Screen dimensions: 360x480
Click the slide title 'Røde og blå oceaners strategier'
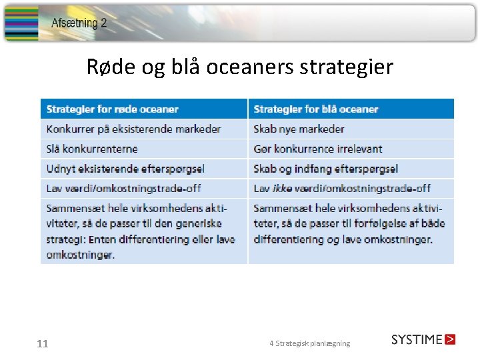(240, 67)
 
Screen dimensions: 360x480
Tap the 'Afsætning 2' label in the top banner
(79, 23)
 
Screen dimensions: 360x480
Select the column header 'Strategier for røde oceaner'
(113, 109)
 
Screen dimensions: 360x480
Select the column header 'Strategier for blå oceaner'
(316, 109)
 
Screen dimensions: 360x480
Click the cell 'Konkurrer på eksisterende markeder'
(133, 129)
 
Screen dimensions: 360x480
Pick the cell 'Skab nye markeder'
(299, 129)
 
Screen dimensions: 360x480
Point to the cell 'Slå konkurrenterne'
(92, 149)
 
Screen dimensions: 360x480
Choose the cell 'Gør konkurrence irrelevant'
(318, 149)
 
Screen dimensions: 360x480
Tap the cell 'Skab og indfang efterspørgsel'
(325, 169)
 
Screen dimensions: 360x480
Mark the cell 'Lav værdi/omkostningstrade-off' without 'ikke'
(123, 189)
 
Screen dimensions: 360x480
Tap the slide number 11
(43, 344)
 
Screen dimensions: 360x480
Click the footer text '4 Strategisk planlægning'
(309, 343)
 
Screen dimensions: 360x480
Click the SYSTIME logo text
(417, 339)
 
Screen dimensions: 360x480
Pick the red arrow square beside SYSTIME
(451, 339)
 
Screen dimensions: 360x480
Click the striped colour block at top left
(21, 23)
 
